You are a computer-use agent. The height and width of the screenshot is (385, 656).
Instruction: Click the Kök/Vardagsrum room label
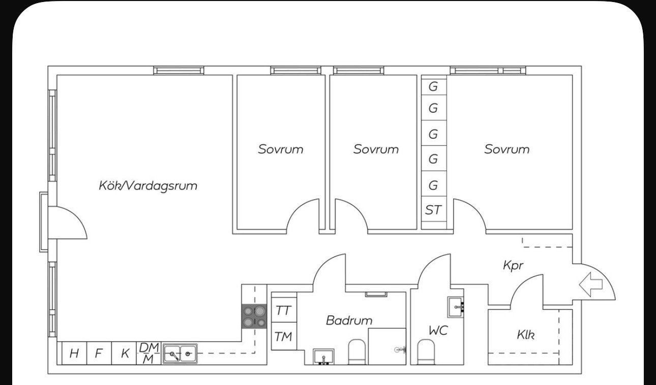148,186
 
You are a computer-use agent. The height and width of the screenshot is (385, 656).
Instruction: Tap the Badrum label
349,320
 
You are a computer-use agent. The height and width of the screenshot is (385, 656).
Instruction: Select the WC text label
438,331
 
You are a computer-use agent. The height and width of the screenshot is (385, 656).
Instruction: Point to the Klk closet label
526,335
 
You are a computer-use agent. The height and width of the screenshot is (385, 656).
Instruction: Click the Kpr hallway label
513,266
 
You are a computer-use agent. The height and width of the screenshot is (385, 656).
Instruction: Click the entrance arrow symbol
591,284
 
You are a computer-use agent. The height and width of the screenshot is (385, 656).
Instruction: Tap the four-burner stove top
254,316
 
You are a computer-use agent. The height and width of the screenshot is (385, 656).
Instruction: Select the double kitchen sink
180,354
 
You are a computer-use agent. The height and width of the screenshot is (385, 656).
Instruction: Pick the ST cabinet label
433,210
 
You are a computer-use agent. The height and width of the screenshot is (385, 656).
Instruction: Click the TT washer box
284,310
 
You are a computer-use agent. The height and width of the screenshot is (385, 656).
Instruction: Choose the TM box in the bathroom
284,336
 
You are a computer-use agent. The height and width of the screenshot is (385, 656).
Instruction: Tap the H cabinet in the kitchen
74,353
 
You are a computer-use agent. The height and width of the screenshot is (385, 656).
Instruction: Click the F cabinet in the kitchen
99,353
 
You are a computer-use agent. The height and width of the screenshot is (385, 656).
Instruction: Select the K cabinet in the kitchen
124,353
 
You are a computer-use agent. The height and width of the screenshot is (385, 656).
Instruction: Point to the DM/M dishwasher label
149,353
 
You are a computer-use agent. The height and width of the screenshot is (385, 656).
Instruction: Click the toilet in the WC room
426,352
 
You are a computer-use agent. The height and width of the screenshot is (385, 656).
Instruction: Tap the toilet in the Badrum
356,352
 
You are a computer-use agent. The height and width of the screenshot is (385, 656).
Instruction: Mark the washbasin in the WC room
456,307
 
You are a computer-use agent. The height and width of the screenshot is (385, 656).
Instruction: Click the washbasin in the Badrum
323,357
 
